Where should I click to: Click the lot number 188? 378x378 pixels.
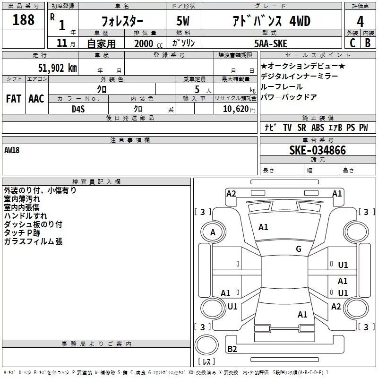point(24,20)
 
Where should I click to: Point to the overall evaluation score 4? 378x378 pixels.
point(361,22)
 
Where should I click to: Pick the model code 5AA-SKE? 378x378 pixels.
point(271,43)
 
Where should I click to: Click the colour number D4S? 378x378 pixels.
point(78,108)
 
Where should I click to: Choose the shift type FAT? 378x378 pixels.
point(13,99)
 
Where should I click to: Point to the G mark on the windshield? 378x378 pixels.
point(299,249)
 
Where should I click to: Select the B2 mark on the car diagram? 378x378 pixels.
point(232,349)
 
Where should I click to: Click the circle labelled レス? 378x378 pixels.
point(206,361)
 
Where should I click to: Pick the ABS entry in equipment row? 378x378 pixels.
point(318,128)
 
